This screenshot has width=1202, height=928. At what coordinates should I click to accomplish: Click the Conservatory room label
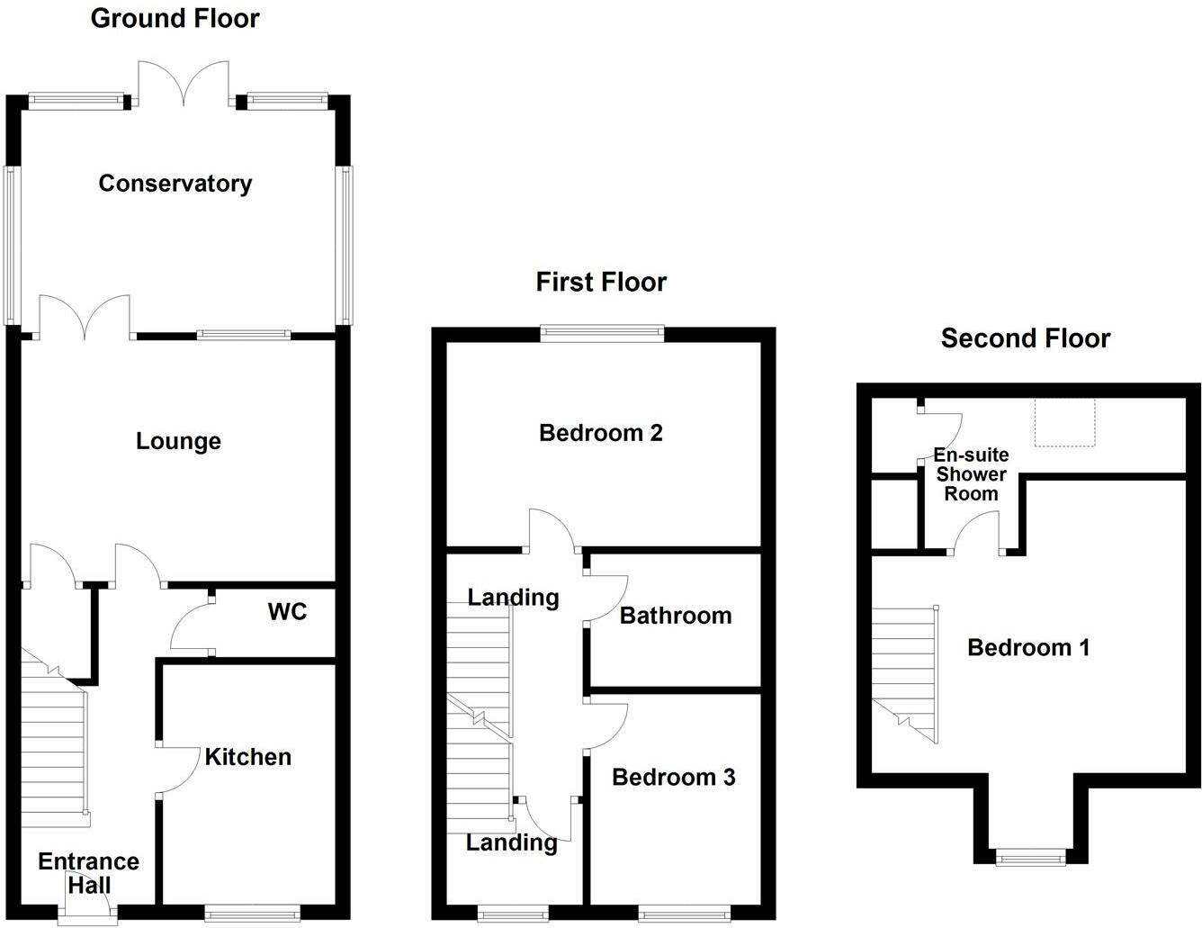pos(175,184)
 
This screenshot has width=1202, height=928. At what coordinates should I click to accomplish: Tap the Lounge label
pos(178,441)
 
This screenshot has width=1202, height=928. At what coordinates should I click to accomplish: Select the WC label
pos(287,612)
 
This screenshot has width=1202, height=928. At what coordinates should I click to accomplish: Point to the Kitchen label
pos(247,757)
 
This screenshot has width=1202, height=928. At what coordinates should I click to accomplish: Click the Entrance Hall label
pos(88,873)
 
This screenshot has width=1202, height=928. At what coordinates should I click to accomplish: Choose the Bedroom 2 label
pos(601,433)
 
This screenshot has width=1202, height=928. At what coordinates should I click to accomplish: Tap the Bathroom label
pos(676,616)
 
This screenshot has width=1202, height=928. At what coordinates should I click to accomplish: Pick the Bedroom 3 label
pos(673,777)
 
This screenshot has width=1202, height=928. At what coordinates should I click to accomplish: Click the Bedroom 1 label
pos(1028,647)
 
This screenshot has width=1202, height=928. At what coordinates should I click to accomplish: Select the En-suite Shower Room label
pos(971,474)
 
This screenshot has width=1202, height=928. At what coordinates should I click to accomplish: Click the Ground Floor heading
pos(175,18)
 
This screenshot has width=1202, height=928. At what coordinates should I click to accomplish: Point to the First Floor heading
pos(601,282)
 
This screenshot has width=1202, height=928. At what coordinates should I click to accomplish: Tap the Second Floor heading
pos(1026,338)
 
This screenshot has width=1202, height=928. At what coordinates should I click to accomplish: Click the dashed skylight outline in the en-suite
pos(1064,422)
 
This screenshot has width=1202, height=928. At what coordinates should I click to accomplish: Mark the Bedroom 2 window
pos(602,334)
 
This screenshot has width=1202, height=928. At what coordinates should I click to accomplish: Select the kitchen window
pos(252,915)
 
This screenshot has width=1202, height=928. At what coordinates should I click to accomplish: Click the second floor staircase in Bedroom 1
pos(904,671)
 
